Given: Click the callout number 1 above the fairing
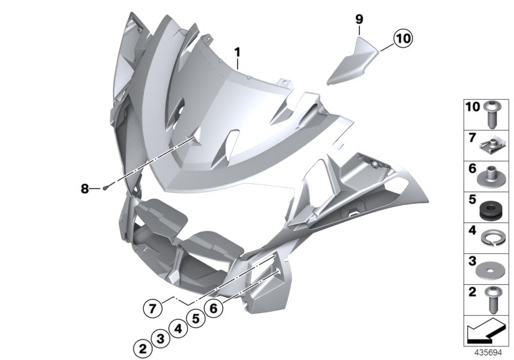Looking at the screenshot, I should (237, 51).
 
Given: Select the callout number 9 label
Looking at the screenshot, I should (360, 20).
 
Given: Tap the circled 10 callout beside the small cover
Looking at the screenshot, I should (402, 39).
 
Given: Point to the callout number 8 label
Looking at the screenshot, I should (84, 188).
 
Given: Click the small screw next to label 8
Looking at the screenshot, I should (105, 188).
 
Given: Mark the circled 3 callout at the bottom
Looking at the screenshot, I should (162, 339).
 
